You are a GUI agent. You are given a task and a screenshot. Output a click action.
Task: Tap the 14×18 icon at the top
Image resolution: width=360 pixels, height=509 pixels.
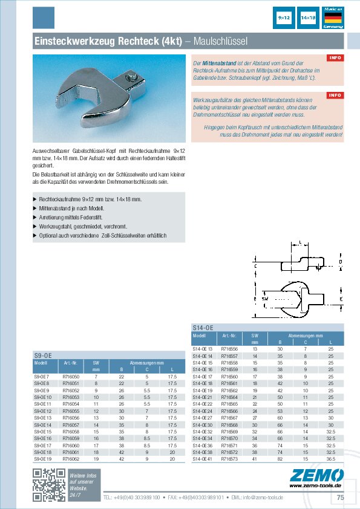[x=308, y=19]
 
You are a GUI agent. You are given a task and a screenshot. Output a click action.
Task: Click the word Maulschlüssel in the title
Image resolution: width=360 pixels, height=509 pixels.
[x=221, y=41]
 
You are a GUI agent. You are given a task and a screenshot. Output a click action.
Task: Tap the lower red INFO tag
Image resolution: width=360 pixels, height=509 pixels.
[x=335, y=96]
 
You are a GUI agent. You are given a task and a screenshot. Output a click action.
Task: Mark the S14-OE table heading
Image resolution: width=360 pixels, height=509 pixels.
[x=202, y=327]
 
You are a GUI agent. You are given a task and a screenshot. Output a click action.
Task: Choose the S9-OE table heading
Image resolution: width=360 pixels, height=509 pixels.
[x=42, y=355]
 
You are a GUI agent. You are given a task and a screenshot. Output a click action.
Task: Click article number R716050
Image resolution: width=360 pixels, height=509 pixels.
[x=71, y=377]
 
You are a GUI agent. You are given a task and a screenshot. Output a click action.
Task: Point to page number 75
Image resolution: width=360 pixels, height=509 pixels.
[x=340, y=497]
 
